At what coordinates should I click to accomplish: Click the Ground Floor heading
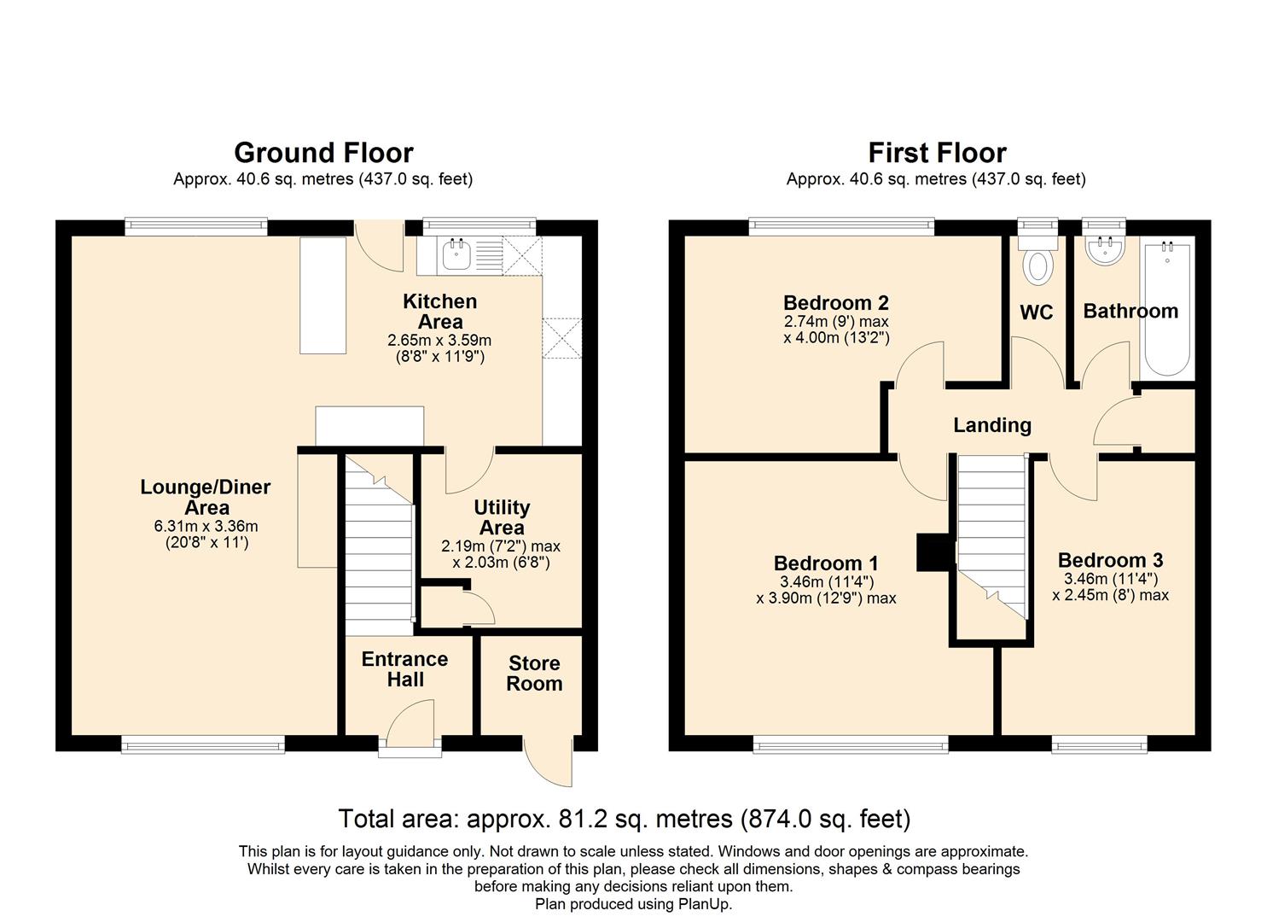(323, 153)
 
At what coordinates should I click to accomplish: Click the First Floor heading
(938, 153)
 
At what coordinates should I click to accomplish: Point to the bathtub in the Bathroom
(1167, 309)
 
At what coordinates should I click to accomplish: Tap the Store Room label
(534, 673)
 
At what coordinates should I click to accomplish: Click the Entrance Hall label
(405, 669)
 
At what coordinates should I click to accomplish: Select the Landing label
(992, 424)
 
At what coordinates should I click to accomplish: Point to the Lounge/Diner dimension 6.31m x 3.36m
(206, 526)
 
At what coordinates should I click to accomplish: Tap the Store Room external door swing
(548, 761)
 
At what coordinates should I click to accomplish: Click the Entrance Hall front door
(410, 727)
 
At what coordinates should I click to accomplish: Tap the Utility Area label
(502, 517)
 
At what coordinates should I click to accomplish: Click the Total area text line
(625, 819)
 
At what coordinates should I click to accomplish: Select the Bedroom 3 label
(1110, 560)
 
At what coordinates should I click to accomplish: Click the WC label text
(1037, 312)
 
